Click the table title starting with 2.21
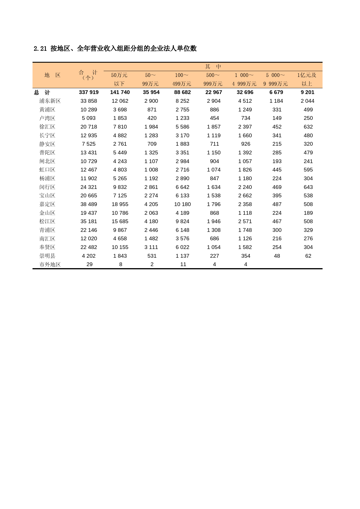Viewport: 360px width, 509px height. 115,48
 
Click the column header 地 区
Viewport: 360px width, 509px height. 52,75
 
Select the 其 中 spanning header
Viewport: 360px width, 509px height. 213,66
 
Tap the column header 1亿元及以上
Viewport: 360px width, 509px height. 307,79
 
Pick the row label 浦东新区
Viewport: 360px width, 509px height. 50,101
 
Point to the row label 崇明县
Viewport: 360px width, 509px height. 47,256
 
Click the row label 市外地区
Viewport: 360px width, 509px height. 50,264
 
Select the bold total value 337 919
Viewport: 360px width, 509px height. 89,92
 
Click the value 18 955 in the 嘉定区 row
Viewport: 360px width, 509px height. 120,204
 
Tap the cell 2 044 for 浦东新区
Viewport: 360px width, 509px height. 307,101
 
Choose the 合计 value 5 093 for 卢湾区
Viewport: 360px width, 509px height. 89,118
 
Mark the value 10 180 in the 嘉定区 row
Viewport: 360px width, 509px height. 182,204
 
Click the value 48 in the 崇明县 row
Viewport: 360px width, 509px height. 277,256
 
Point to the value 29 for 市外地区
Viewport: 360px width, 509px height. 89,264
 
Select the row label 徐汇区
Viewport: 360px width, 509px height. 47,127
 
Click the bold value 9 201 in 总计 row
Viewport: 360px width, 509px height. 307,92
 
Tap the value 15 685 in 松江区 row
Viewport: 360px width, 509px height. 120,221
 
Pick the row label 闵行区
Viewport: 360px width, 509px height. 47,187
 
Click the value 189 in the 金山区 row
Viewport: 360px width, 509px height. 308,213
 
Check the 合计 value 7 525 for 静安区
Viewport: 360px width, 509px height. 89,144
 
